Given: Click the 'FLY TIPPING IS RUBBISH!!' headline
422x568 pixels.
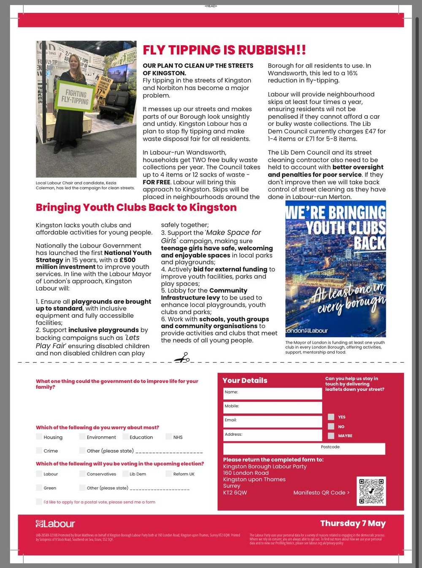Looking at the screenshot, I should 224,50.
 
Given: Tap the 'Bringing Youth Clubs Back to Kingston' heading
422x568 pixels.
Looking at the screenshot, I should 136,208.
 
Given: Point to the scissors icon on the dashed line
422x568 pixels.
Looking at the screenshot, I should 182,358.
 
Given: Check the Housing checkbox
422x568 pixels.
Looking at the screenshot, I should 39,437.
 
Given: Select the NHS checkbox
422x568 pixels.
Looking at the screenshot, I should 169,437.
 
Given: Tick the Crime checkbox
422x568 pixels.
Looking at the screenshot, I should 39,451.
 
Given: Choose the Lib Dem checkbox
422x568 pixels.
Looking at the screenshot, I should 125,474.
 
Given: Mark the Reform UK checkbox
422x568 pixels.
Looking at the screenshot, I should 169,474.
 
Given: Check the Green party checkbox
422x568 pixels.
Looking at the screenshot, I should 39,488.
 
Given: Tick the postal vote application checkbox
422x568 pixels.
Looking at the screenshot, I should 39,502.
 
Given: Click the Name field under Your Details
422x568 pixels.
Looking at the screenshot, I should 272,393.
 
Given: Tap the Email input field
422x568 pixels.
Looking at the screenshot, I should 272,421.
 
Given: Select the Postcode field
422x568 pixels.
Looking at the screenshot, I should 304,449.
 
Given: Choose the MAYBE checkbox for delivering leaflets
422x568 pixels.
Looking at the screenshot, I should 331,436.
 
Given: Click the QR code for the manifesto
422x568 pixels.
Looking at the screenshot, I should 371,491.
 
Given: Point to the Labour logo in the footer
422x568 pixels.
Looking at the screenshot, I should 55,524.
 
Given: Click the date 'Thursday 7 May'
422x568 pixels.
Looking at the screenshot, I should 353,524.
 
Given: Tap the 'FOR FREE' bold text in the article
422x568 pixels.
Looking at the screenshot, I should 157,182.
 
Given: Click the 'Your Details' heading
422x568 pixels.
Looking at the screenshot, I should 245,380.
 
